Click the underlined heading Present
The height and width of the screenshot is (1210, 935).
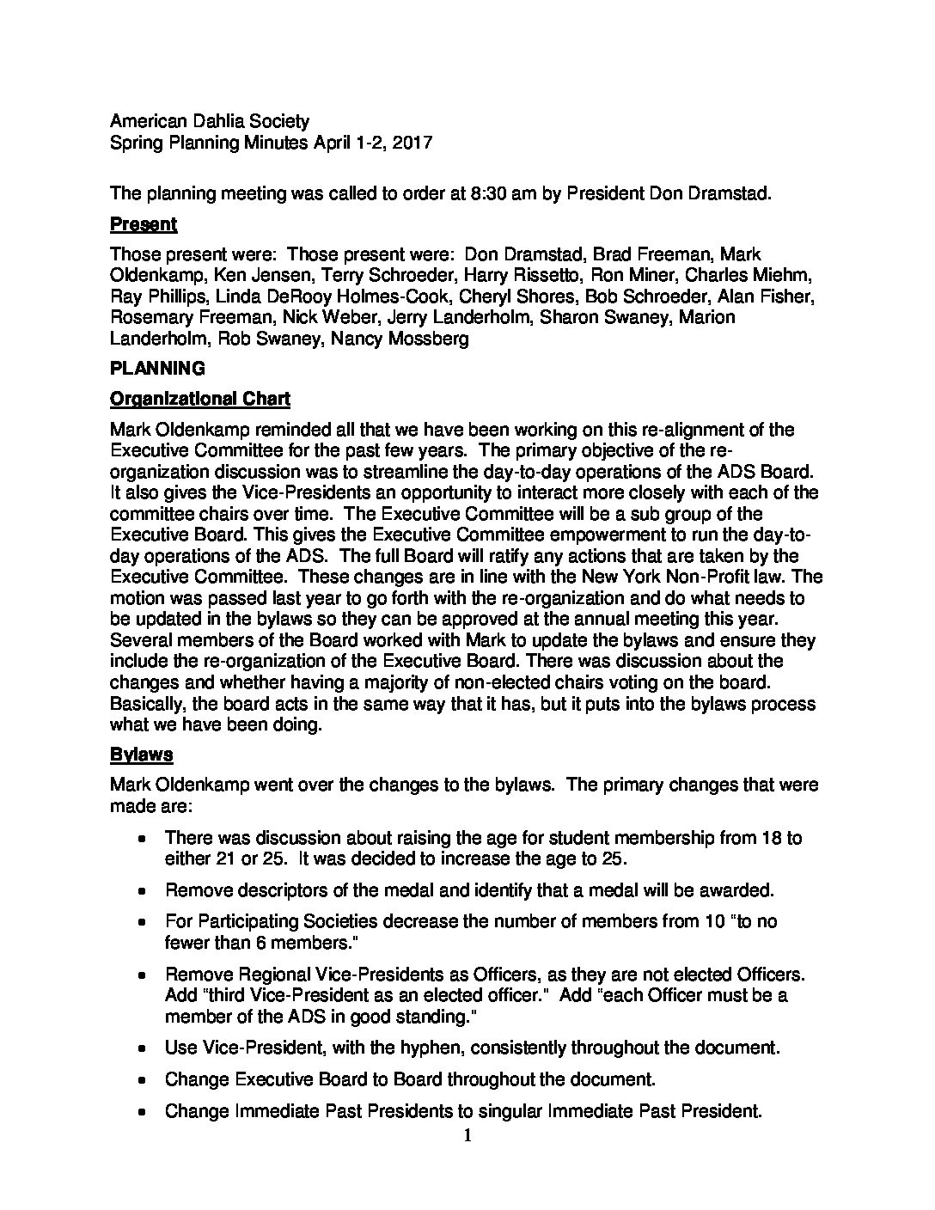point(144,224)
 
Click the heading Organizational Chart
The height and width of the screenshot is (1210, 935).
point(199,399)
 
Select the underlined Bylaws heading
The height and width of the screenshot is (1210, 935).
point(142,755)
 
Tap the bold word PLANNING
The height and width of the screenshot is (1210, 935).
point(158,368)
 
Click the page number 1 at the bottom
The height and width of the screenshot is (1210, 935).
point(467,1136)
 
